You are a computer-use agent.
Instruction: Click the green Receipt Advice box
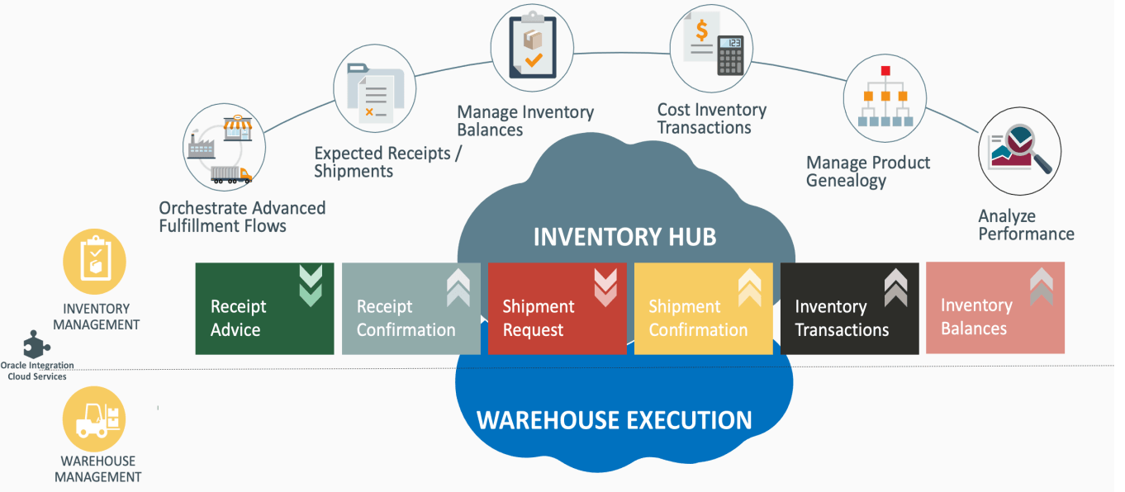click(263, 309)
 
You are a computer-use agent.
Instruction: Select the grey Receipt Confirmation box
click(411, 309)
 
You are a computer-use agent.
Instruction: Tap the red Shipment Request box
click(557, 309)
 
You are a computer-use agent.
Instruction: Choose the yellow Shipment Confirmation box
click(703, 309)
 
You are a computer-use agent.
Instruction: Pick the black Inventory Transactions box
click(849, 309)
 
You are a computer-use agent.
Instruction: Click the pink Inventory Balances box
click(994, 308)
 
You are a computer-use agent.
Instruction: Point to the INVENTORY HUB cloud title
click(624, 238)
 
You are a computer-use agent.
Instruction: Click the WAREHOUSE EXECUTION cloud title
click(615, 420)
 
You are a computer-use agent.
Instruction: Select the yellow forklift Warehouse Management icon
click(95, 419)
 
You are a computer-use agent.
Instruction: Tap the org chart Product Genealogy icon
click(884, 97)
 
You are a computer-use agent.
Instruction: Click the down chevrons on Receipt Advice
click(311, 286)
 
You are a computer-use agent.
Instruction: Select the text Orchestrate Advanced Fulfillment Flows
click(242, 216)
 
